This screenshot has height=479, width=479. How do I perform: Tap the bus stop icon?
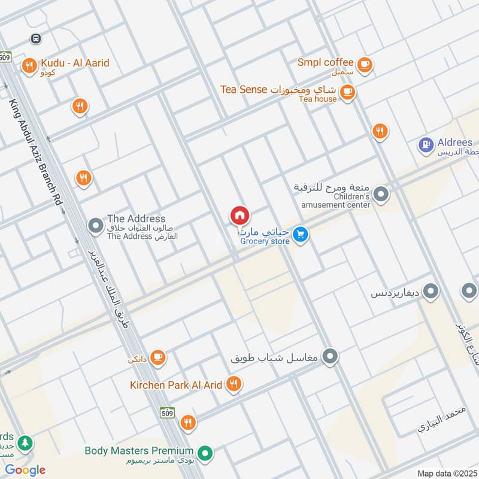coord(36,38)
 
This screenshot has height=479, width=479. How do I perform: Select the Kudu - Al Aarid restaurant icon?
coord(28,66)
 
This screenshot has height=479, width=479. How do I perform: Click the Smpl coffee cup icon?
coord(364,64)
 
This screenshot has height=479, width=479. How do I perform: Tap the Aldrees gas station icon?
coord(426,145)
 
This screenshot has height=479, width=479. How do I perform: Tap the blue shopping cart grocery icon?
coord(301,235)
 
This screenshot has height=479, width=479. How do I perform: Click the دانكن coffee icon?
coord(158,357)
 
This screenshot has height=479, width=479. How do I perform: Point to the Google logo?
coord(25,470)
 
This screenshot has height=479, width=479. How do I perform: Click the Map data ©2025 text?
coord(445,473)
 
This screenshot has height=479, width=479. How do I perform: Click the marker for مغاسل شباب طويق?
coord(329,357)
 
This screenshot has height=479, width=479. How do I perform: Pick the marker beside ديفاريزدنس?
coord(431,292)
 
